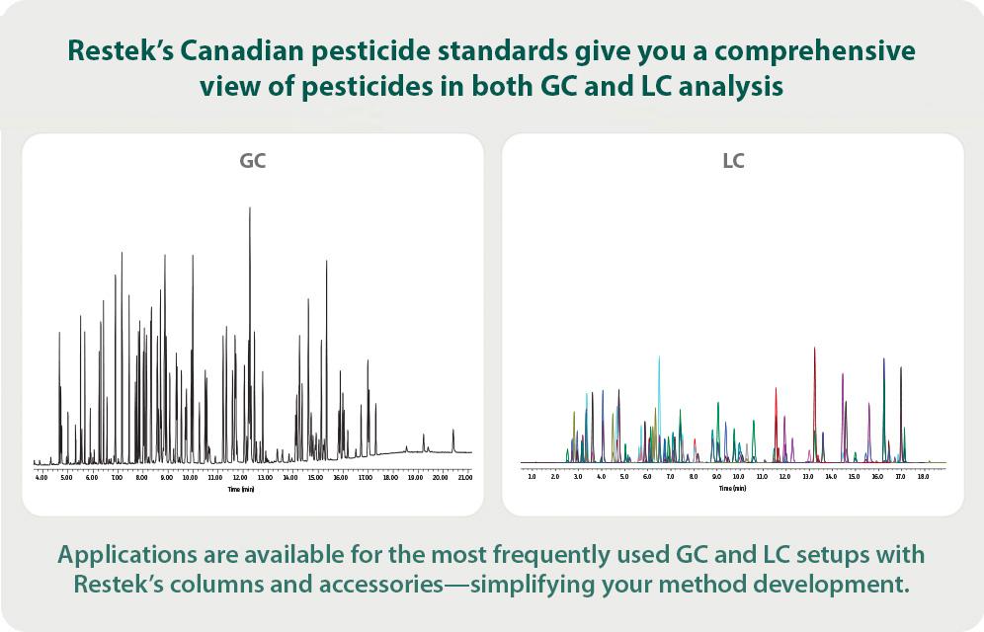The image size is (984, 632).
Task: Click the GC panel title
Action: pos(253,161)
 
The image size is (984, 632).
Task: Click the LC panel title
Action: pos(733,161)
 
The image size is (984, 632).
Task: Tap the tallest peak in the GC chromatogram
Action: pos(249,209)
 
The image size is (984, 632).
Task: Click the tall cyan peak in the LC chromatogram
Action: pos(659,357)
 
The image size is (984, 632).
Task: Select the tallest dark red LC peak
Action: pos(814,349)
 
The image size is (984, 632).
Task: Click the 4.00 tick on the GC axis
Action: pos(41,477)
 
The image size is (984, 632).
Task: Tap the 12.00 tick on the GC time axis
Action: pos(240,477)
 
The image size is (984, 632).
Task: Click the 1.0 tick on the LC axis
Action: pos(532,477)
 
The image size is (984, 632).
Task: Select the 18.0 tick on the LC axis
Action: pos(923,477)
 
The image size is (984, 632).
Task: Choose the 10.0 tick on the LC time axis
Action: pos(738,477)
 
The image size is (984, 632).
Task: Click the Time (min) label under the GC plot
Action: pos(240,489)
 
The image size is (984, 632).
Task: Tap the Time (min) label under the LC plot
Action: pos(732,489)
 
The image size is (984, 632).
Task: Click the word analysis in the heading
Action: pos(722,87)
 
